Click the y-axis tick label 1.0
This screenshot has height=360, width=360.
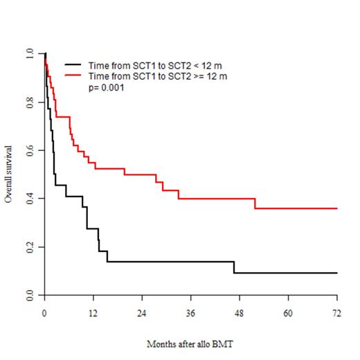point(29,53)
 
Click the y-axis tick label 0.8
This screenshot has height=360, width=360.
point(29,101)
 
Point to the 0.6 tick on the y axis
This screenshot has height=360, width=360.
point(29,150)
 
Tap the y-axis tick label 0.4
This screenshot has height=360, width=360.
point(29,198)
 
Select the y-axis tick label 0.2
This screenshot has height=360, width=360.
point(29,246)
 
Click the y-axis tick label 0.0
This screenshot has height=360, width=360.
point(29,295)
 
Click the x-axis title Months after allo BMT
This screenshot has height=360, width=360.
point(190,343)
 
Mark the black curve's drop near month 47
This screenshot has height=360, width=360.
point(234,267)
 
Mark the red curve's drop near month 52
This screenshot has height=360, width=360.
point(255,204)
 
